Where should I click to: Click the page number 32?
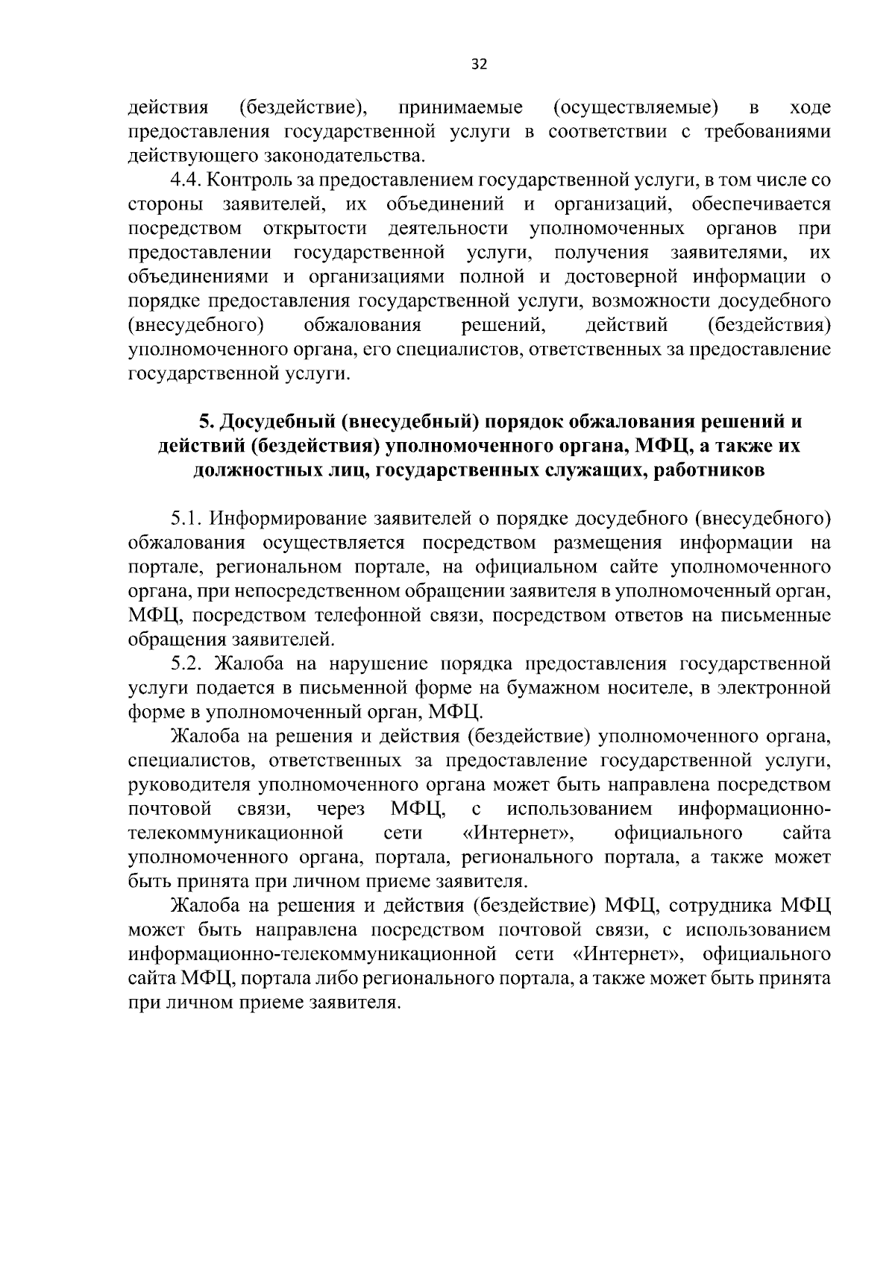pos(479,64)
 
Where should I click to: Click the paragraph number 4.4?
pos(186,180)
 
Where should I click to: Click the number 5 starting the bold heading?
pos(204,422)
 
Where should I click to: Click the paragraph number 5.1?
pos(186,518)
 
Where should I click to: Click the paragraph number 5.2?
pos(186,663)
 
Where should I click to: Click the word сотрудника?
pos(723,906)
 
